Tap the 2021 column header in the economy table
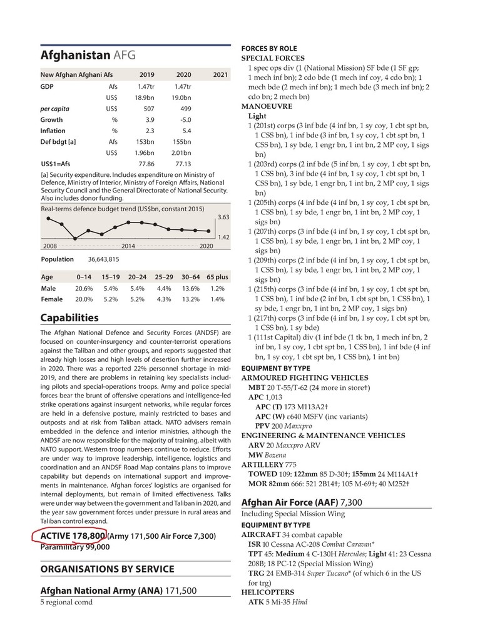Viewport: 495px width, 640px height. coord(220,75)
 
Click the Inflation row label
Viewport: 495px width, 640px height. coord(53,131)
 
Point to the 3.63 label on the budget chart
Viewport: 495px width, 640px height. coord(223,217)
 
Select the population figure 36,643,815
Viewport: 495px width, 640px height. coord(103,259)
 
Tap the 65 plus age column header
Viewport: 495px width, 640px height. coord(217,277)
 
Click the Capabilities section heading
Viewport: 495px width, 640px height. coord(69,318)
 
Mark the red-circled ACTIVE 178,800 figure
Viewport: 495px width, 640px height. coord(73,536)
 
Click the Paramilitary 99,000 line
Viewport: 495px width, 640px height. coord(75,547)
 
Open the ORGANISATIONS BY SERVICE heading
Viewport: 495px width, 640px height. coord(107,569)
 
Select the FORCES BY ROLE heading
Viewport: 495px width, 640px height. coord(269,49)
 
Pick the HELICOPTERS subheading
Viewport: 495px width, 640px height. coord(268,592)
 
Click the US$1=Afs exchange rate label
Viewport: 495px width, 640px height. coord(55,164)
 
